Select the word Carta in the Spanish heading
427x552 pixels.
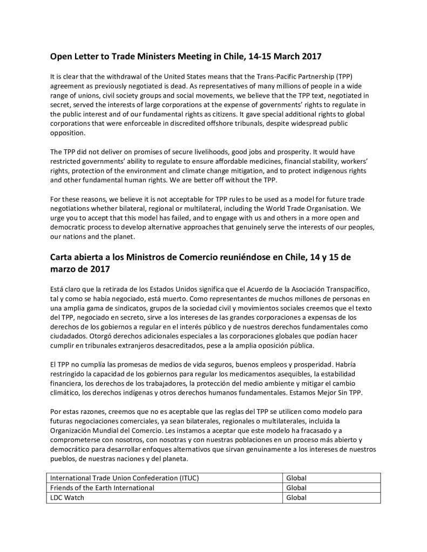[62, 257]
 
